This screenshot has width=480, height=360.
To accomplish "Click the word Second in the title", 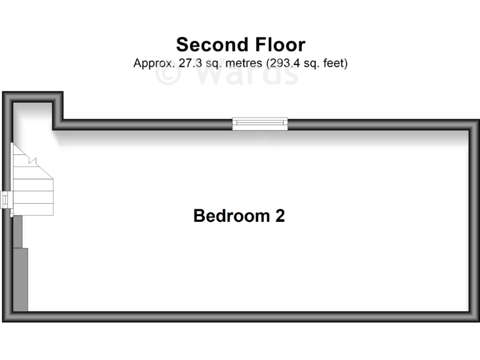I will point(209,45).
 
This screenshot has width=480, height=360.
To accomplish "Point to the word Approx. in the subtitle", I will point(152,63).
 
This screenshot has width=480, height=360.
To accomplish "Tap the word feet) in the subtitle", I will point(334,63).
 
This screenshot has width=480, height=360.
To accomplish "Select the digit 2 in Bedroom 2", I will point(280,216).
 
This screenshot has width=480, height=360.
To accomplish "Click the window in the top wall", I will point(260,124).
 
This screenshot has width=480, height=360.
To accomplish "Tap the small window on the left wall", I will point(6,200).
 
